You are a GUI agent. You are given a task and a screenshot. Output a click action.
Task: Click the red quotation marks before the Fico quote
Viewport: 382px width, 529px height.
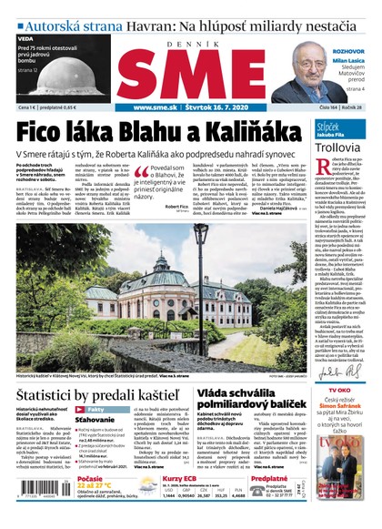tap(141, 170)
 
